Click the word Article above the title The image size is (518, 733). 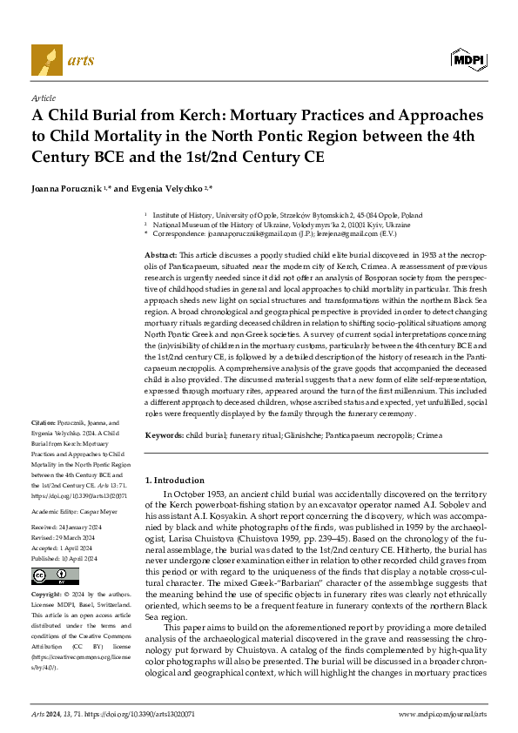[x=44, y=99]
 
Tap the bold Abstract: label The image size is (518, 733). [x=163, y=252]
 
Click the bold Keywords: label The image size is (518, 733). [x=165, y=434]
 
